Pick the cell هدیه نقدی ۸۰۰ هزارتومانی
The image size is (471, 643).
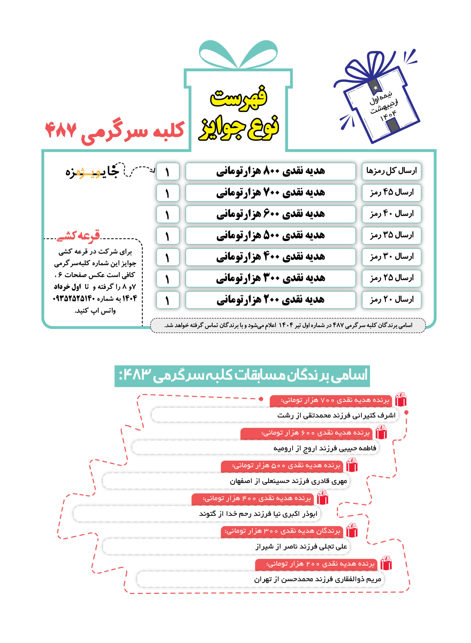tap(270, 171)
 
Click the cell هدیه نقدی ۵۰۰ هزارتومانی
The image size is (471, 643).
tap(270, 236)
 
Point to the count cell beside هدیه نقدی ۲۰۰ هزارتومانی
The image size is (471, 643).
tap(168, 300)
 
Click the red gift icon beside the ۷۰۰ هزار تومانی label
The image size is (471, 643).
tap(401, 399)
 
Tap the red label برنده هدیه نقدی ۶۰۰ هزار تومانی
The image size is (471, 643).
tap(306, 433)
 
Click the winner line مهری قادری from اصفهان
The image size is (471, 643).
tap(288, 481)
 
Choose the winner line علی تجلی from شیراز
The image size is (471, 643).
tap(301, 546)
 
